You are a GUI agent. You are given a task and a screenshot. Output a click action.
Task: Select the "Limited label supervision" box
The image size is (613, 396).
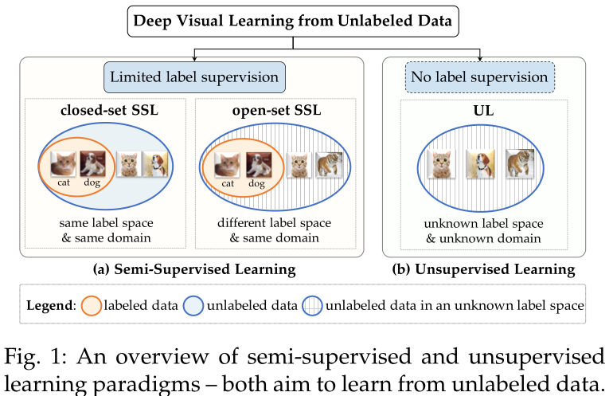pyautogui.click(x=194, y=77)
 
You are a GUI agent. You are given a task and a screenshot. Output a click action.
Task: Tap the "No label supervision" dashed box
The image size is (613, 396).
pyautogui.click(x=480, y=77)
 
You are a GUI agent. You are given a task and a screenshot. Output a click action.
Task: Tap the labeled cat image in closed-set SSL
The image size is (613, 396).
pyautogui.click(x=64, y=165)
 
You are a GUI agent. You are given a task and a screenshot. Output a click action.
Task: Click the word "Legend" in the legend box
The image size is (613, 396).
pyautogui.click(x=49, y=304)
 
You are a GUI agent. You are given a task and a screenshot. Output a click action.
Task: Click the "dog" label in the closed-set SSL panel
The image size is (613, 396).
pyautogui.click(x=93, y=183)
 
